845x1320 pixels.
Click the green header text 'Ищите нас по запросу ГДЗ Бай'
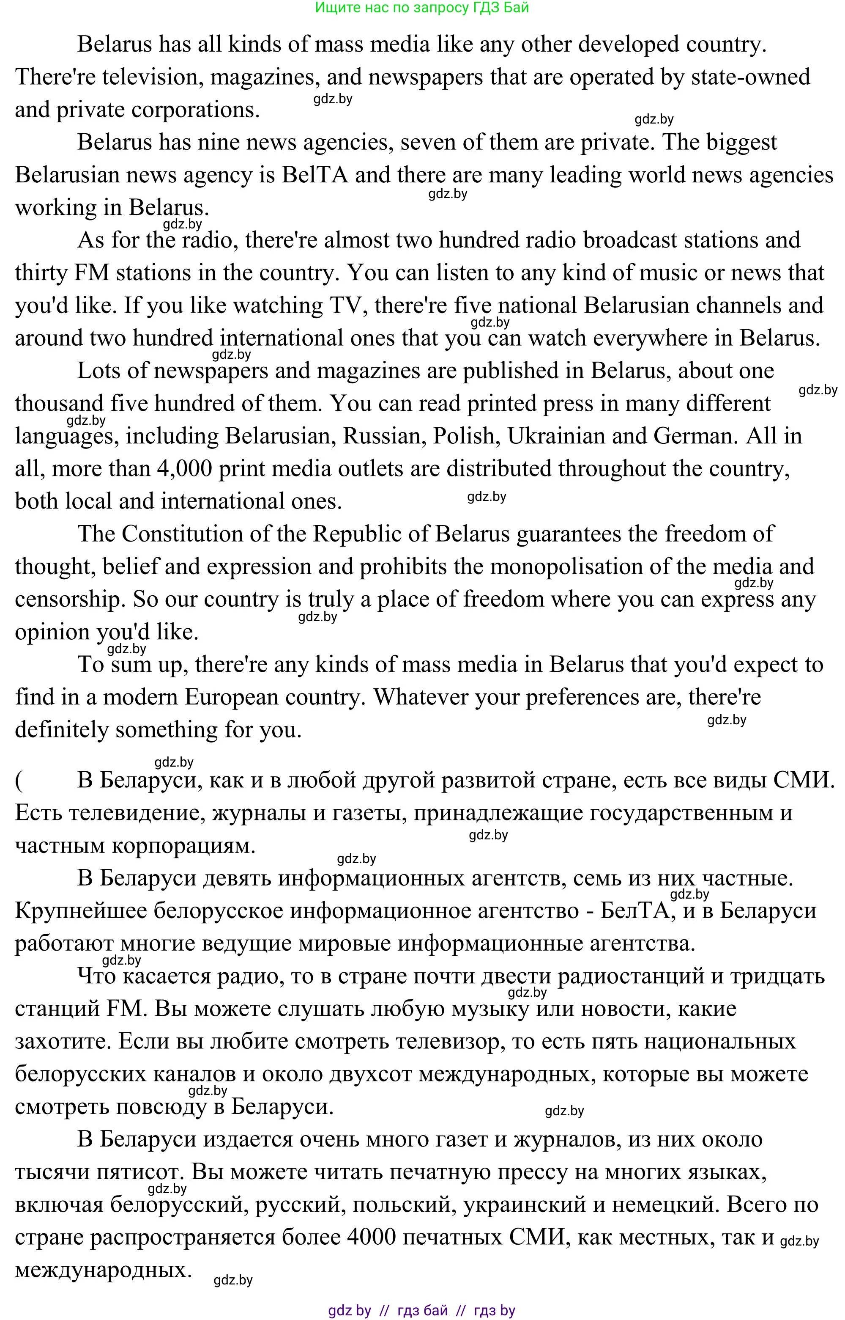421,8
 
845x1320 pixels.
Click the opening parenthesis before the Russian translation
19,780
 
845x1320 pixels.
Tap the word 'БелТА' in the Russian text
634,911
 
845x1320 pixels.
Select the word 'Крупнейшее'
81,911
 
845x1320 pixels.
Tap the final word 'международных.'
103,1270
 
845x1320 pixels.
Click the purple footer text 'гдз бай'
423,1311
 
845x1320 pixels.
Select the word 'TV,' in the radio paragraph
348,306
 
